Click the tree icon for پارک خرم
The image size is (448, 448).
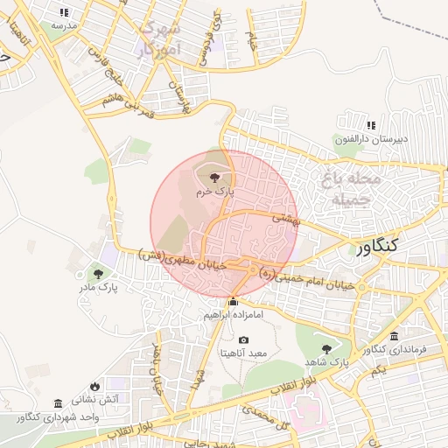click(216, 178)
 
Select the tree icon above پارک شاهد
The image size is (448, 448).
click(326, 349)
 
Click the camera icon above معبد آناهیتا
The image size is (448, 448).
click(243, 339)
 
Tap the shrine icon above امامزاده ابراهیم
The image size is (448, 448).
click(233, 303)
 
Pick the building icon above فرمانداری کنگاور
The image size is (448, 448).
click(395, 337)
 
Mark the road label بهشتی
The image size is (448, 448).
click(285, 218)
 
